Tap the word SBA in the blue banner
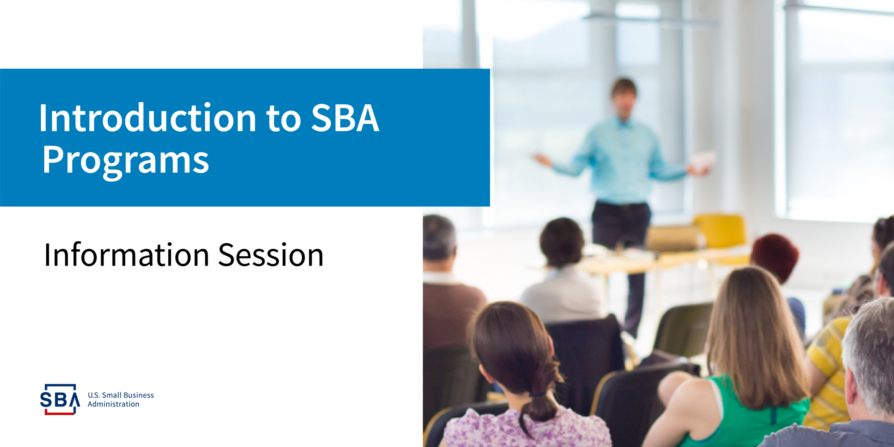345,118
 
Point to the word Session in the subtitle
271,255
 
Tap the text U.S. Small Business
121,395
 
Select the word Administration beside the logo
113,404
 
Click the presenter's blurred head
624,98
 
